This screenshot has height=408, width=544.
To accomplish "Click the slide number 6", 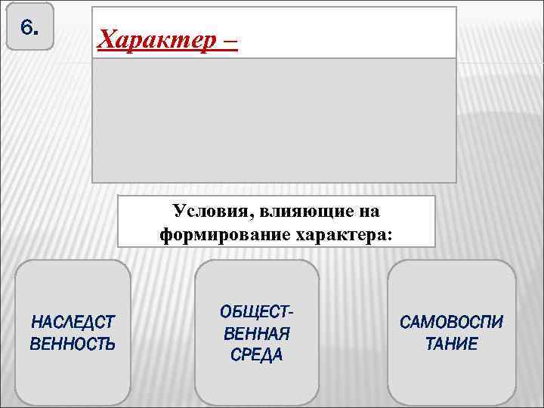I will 28,28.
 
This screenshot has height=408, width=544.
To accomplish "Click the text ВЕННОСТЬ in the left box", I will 73,345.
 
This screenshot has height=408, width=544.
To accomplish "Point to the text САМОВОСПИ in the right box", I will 451,323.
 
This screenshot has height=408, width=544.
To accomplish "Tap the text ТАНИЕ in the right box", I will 451,345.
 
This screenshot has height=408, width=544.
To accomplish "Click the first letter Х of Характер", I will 107,37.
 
